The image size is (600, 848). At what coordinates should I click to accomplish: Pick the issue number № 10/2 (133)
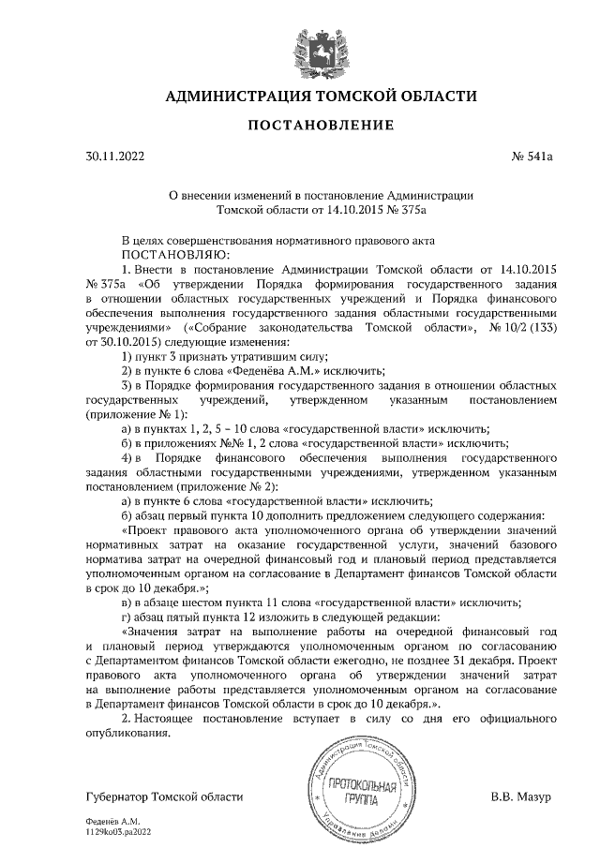517,327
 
